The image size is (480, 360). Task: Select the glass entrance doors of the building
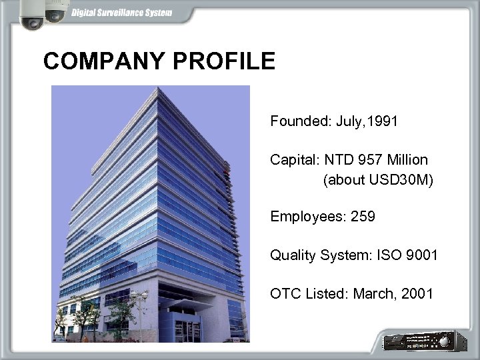click(187, 328)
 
